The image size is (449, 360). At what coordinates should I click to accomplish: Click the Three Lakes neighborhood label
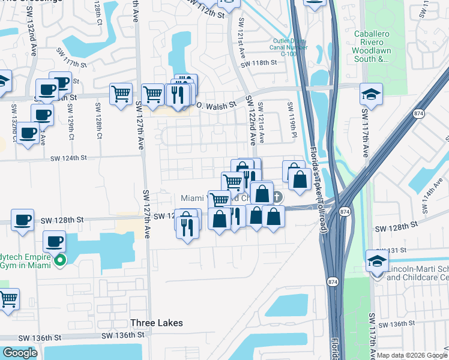[x=156, y=323]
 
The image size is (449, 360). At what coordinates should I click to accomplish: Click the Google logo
[x=20, y=353]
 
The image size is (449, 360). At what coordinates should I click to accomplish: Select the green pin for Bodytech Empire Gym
[x=59, y=260]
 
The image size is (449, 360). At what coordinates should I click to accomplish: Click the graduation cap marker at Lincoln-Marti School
[x=376, y=262]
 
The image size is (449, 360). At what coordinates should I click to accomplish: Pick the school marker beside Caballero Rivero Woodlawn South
[x=371, y=94]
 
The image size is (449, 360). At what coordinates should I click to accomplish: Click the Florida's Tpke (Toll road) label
[x=315, y=180]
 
